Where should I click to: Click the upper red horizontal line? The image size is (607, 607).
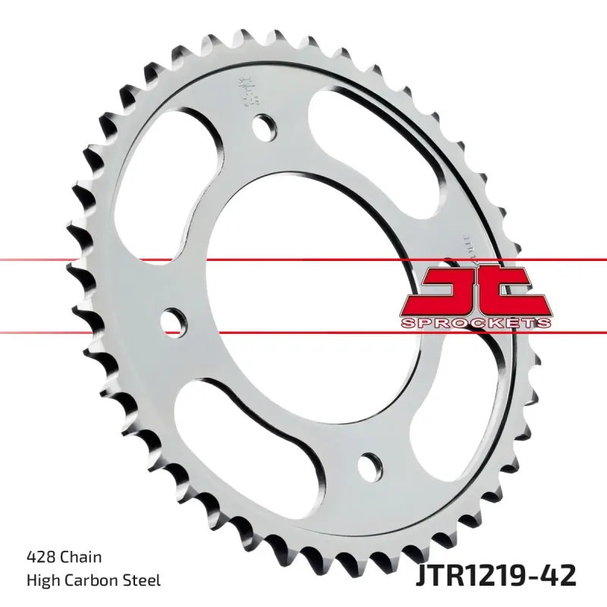[x=114, y=260]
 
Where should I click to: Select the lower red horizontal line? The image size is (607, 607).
[x=114, y=331]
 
